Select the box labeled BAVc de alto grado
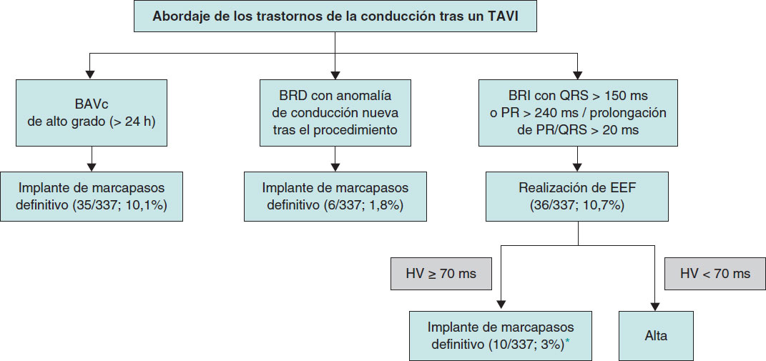point(92,113)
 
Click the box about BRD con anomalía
point(335,113)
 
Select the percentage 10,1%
point(147,206)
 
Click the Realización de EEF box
point(578,197)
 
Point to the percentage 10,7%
point(606,206)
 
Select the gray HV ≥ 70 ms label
point(441,274)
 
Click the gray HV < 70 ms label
point(715,274)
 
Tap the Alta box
point(656,336)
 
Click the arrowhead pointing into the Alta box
point(656,307)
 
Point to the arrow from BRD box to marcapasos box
point(335,159)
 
